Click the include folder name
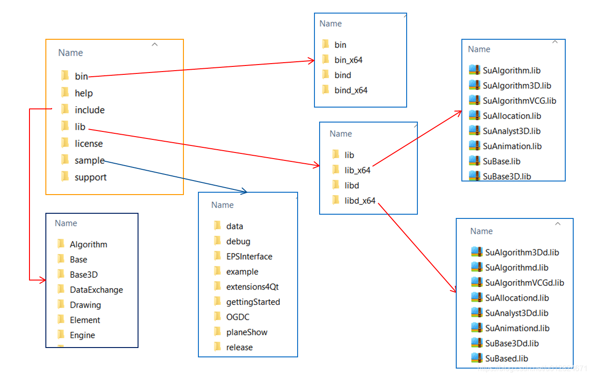point(89,110)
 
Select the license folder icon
point(65,143)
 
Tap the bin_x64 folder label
point(348,60)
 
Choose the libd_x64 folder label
point(360,201)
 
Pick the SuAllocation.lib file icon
point(474,116)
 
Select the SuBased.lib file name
point(507,358)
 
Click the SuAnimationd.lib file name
point(517,328)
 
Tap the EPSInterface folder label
point(249,256)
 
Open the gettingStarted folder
point(253,302)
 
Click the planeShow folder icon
point(217,332)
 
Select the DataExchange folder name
point(96,290)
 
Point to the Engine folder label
point(82,335)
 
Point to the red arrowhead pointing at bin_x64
point(311,60)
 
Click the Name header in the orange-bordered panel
point(71,53)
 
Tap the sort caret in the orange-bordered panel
point(155,45)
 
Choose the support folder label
point(90,177)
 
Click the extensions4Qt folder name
point(252,287)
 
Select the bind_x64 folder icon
point(326,90)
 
